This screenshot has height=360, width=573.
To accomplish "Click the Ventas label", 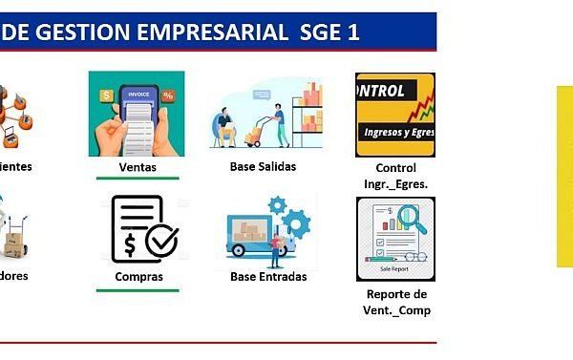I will point(138,166).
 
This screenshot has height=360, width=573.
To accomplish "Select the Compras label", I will point(138,277).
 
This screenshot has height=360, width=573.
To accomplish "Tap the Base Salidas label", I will point(263,166).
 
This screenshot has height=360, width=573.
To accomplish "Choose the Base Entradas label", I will point(268,277).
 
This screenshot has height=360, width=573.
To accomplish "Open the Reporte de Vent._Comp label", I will point(395,302).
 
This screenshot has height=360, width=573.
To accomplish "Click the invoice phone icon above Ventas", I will point(137,114).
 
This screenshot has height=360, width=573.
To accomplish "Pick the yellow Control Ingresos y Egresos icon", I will point(394,114).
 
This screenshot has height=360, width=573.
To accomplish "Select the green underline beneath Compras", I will point(138,290).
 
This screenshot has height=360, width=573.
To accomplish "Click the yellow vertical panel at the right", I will point(564,177).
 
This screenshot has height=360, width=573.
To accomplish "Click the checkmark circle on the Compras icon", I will point(160,241).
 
